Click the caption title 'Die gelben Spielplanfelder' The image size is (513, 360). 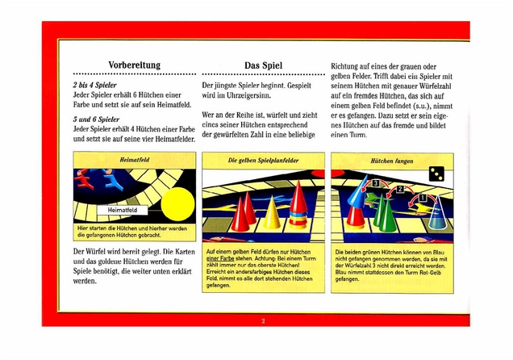[x=263, y=161]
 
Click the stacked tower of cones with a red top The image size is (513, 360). [x=299, y=208]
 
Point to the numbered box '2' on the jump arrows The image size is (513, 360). [x=398, y=190]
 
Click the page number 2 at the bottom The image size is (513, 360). [x=263, y=320]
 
